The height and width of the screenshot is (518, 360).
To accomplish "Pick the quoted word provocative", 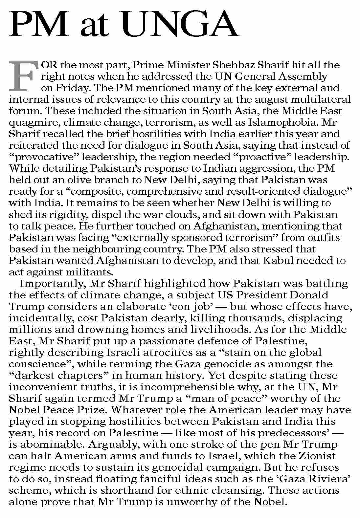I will [x=41, y=157].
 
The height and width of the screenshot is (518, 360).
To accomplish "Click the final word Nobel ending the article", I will [x=269, y=502].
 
